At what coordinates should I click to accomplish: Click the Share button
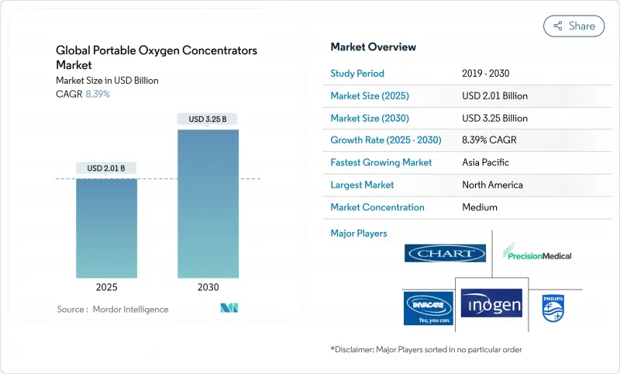click(x=573, y=26)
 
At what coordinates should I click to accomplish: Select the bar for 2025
click(x=107, y=228)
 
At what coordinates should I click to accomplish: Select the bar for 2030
click(x=208, y=203)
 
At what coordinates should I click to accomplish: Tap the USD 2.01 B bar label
click(x=107, y=168)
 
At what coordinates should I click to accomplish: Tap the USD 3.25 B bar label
click(x=208, y=119)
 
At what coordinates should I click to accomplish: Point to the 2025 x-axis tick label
click(x=107, y=287)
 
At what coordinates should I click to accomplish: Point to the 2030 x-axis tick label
click(x=208, y=287)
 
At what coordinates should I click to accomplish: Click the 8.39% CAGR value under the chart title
click(x=97, y=94)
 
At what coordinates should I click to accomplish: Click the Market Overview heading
click(x=373, y=47)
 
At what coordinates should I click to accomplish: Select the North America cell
click(x=492, y=185)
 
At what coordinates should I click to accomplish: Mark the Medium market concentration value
click(x=480, y=208)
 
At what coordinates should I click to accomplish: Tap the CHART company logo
click(x=445, y=253)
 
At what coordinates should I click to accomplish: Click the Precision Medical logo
click(x=537, y=253)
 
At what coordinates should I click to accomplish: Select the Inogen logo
click(x=491, y=303)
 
